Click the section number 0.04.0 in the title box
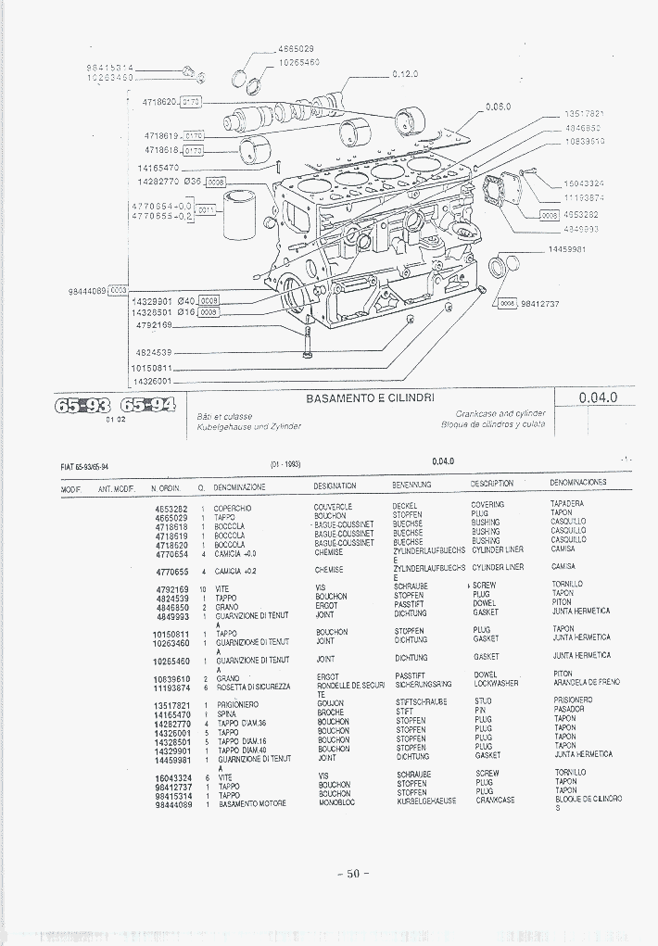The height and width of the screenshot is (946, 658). tap(597, 397)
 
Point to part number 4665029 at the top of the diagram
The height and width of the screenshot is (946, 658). tap(296, 48)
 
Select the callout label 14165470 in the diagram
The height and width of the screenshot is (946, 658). tap(158, 168)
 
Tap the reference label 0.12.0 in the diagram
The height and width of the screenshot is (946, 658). tap(405, 73)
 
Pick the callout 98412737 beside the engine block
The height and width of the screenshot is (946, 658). tap(539, 303)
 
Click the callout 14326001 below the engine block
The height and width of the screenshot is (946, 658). tap(152, 381)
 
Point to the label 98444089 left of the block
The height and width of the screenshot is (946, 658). tap(86, 291)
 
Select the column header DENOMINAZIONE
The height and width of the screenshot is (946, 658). tap(239, 486)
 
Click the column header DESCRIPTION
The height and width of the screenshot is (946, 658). tap(491, 484)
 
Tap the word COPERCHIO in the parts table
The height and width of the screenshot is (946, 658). tap(233, 509)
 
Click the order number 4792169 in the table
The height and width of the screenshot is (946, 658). tap(171, 589)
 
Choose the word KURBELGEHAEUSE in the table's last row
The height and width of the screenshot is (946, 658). tap(425, 801)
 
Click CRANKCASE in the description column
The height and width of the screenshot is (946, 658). tap(495, 800)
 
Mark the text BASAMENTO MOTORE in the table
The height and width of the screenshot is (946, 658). tap(252, 803)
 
